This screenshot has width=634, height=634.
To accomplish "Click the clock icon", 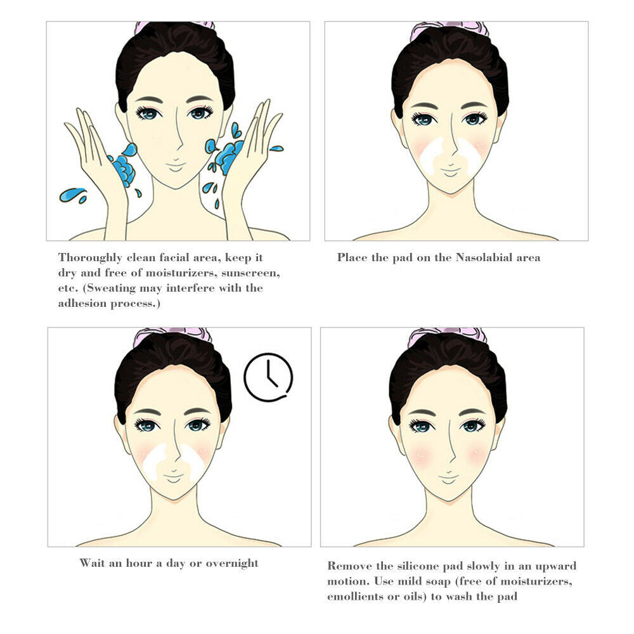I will tap(268, 377).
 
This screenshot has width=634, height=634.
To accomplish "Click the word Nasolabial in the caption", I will tap(481, 257).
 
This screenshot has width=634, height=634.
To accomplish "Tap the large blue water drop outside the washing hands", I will tap(72, 194).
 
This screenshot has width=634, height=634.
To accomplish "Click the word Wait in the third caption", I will tap(93, 563).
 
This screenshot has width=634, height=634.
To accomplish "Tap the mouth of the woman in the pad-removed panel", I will tap(449, 474).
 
